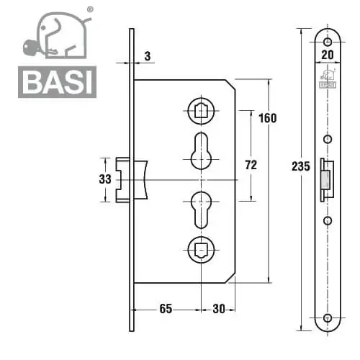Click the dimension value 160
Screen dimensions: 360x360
(x=268, y=118)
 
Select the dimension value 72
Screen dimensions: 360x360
(x=251, y=165)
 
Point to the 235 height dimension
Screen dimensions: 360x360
(x=301, y=166)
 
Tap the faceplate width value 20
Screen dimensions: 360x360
(x=328, y=55)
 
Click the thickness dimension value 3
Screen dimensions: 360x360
(x=148, y=56)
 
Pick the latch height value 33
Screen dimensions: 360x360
(x=105, y=179)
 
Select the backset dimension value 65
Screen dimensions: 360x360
(x=166, y=309)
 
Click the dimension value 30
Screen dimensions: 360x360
(x=219, y=309)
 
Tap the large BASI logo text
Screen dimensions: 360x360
(x=58, y=82)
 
